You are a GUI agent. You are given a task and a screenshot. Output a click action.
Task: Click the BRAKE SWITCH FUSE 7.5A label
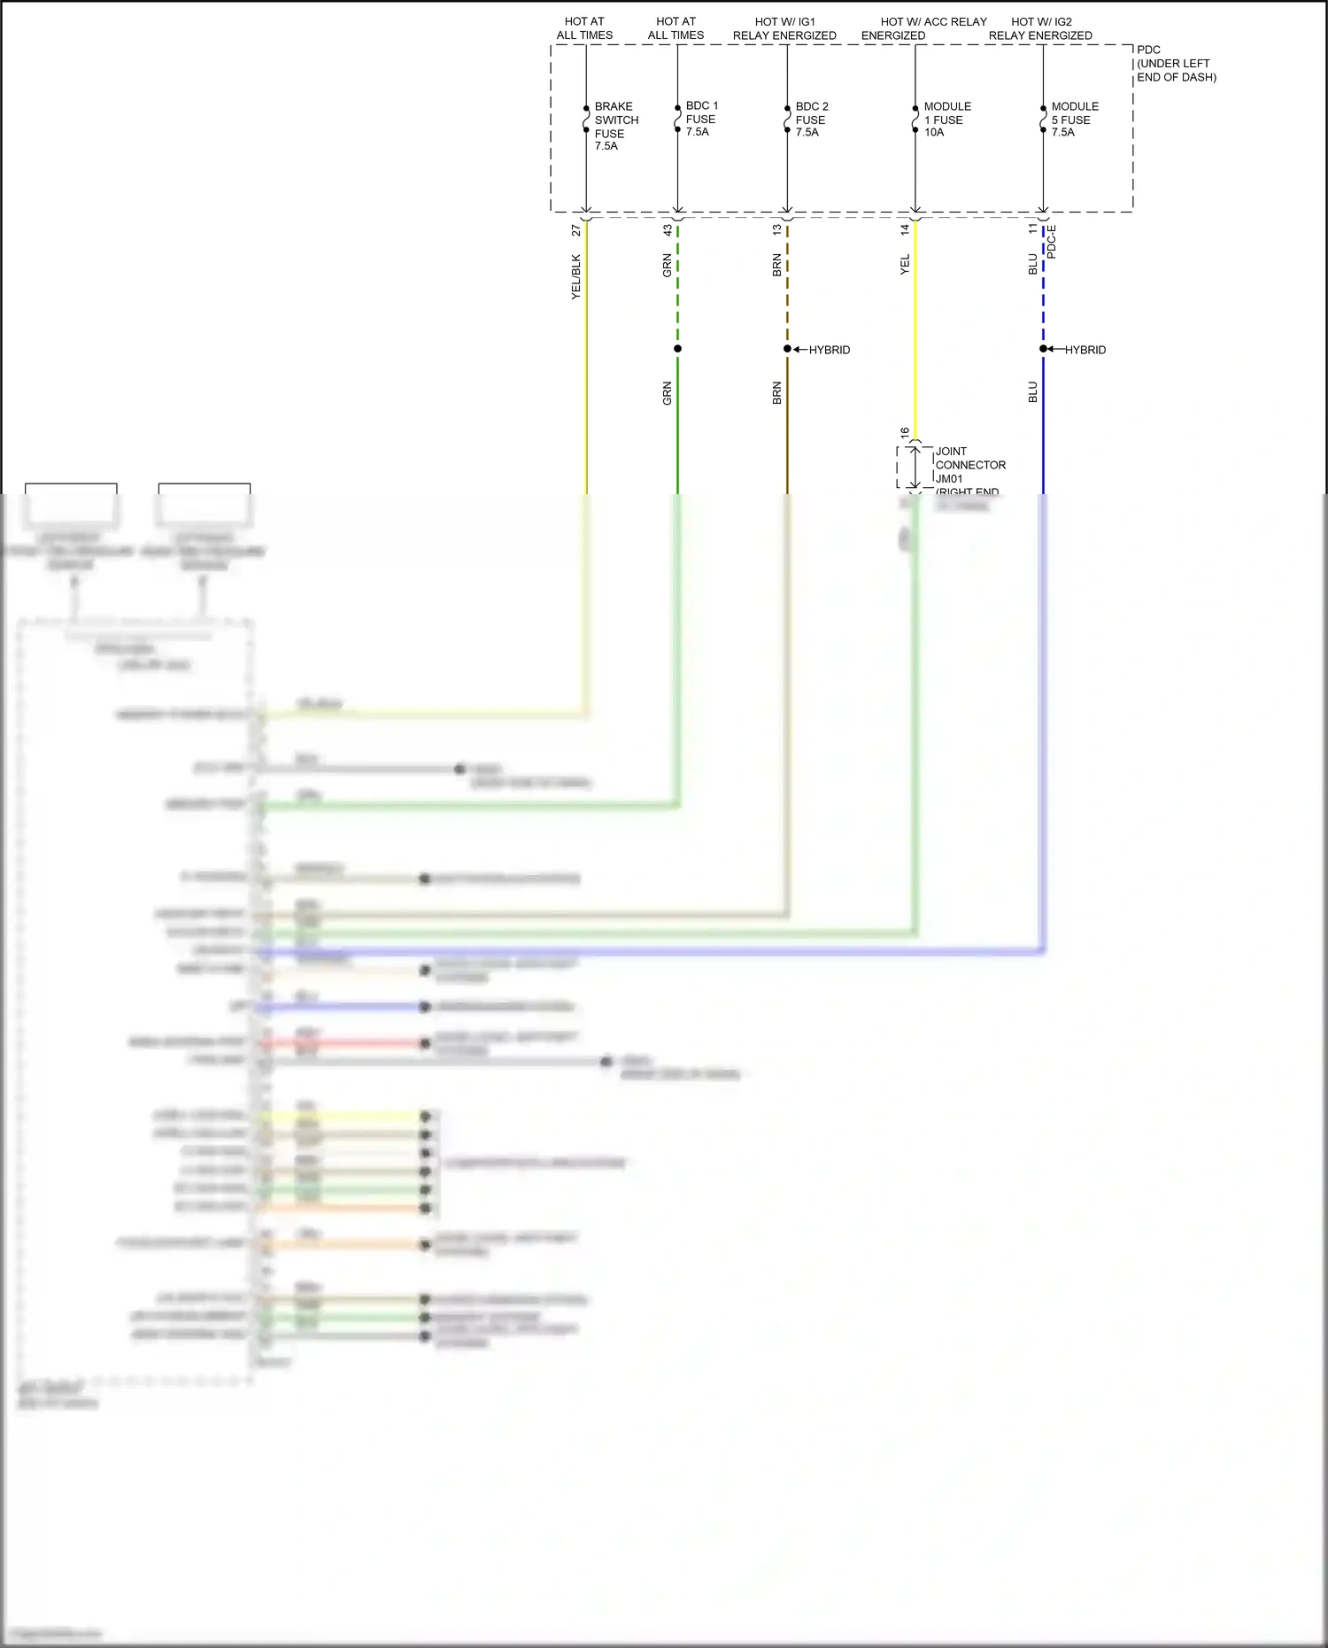[615, 126]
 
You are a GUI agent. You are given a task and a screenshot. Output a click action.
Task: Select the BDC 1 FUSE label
[701, 119]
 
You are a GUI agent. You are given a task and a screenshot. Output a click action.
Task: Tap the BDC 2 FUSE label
[811, 119]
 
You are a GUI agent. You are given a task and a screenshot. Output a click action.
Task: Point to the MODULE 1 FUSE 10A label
[946, 119]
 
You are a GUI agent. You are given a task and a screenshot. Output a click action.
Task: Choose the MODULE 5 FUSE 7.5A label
[1074, 119]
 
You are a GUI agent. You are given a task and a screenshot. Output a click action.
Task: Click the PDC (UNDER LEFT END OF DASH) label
[1176, 64]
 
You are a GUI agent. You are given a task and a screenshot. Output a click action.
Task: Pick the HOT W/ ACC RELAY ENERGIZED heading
[923, 28]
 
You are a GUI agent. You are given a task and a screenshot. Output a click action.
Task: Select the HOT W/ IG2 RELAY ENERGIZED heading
[1040, 28]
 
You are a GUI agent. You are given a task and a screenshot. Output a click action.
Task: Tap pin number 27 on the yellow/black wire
[576, 230]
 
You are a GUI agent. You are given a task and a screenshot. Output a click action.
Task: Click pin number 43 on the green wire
[668, 230]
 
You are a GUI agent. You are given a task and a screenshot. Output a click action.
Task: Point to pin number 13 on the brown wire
[777, 229]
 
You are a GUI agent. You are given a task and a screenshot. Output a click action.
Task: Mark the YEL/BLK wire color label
[576, 276]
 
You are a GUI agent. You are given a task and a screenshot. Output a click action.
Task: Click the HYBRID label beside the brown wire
[829, 350]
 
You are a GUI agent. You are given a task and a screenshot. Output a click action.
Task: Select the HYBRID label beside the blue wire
[1085, 350]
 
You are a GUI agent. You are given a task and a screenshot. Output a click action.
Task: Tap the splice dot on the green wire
[677, 349]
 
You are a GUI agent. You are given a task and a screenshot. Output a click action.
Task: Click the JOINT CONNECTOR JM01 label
[969, 465]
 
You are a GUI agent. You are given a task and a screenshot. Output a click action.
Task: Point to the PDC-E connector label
[1052, 242]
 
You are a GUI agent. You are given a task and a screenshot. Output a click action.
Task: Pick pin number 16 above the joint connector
[905, 433]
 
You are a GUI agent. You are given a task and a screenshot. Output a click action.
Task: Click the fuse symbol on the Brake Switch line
[586, 120]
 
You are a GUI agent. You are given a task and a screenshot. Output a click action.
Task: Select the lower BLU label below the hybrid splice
[1033, 392]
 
